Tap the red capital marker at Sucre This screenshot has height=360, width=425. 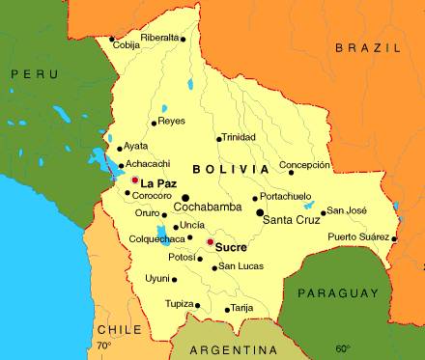[x=210, y=241]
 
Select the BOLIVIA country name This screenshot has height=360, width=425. [x=231, y=169]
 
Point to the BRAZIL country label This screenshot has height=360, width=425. [x=364, y=46]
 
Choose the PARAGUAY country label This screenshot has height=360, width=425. [x=336, y=291]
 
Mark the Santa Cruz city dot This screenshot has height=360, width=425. [x=260, y=211]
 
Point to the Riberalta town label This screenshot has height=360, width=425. [x=159, y=38]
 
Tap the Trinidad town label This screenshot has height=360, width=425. [x=240, y=137]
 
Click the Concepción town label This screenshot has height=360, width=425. [x=311, y=165]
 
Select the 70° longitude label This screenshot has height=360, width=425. [x=103, y=345]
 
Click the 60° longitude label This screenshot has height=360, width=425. [x=343, y=348]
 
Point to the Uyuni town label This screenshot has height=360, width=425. [x=156, y=278]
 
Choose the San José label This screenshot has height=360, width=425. [x=347, y=210]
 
